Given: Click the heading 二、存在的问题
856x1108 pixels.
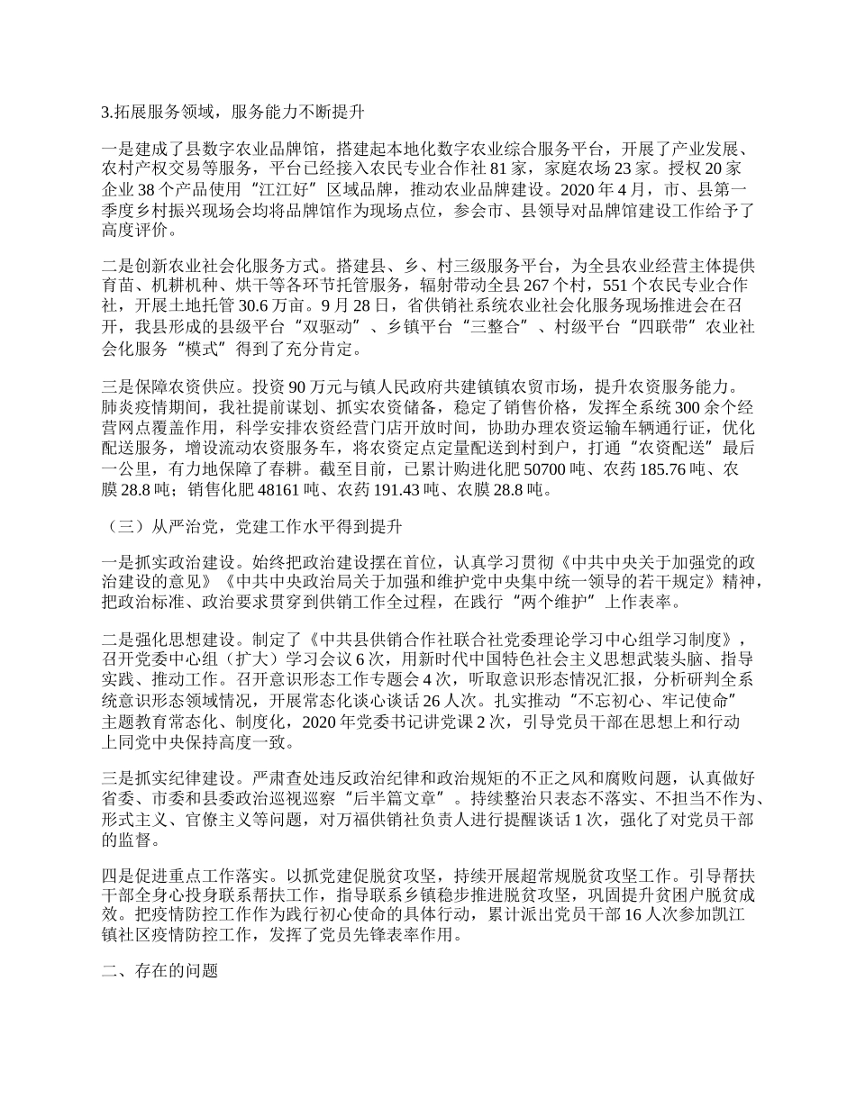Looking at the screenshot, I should tap(161, 974).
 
